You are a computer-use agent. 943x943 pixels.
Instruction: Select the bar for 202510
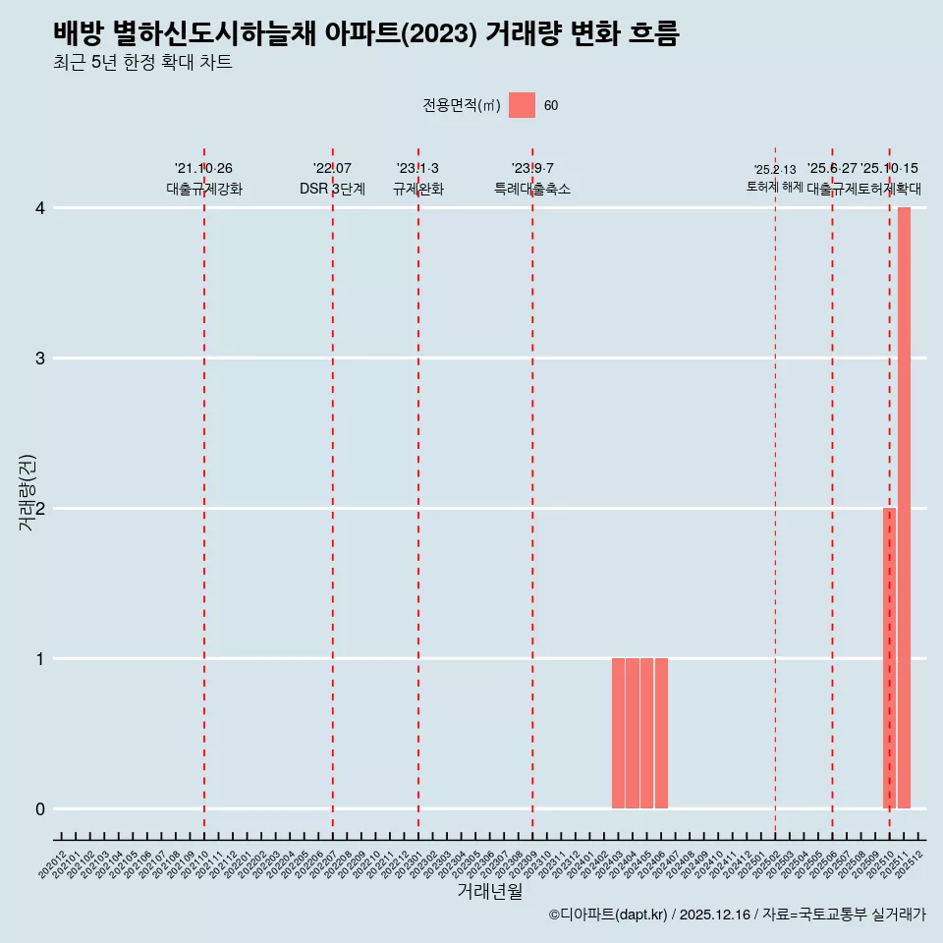(889, 658)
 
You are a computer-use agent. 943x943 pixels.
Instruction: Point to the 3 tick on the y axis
(40, 359)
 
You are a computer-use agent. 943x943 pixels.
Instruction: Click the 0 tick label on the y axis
(40, 809)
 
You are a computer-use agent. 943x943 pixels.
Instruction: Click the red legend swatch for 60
(522, 105)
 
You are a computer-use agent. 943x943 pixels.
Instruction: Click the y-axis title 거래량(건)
(28, 492)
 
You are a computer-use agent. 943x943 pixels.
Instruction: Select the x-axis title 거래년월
(489, 892)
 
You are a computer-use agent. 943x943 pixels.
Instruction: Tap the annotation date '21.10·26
(203, 169)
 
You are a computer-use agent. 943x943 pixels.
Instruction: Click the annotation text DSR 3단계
(332, 190)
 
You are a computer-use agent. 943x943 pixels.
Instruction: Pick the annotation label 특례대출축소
(531, 190)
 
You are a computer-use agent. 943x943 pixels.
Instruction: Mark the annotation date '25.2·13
(775, 170)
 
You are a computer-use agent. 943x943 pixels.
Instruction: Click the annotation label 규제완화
(417, 190)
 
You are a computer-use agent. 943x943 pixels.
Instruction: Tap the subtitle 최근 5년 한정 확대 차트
(142, 63)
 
